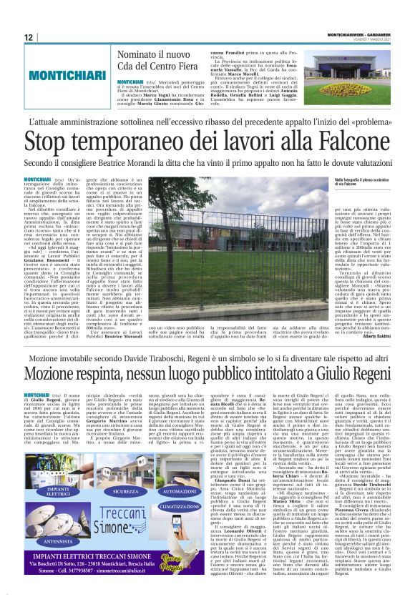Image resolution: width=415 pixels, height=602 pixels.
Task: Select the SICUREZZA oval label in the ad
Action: (126, 472)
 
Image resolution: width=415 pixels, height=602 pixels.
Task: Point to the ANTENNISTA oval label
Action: (57, 541)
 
